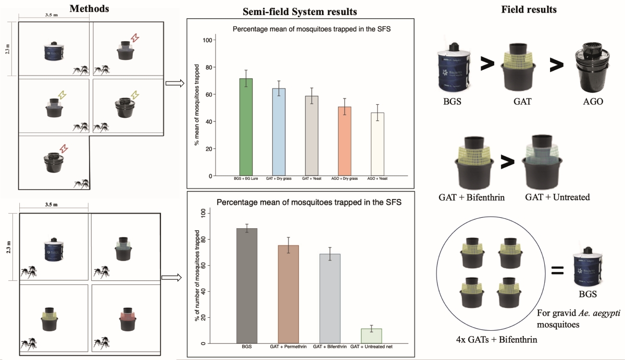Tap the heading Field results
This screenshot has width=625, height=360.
pyautogui.click(x=522, y=10)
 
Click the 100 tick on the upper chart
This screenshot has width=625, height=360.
pyautogui.click(x=207, y=40)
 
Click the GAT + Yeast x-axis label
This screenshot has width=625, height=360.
pyautogui.click(x=312, y=179)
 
